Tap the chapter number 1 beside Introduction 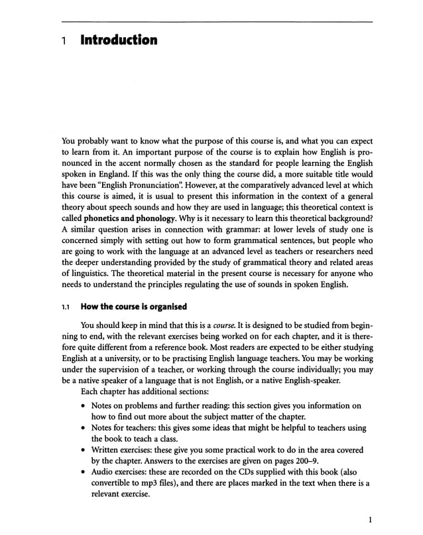[64, 41]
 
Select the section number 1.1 [65, 307]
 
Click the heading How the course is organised [133, 307]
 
